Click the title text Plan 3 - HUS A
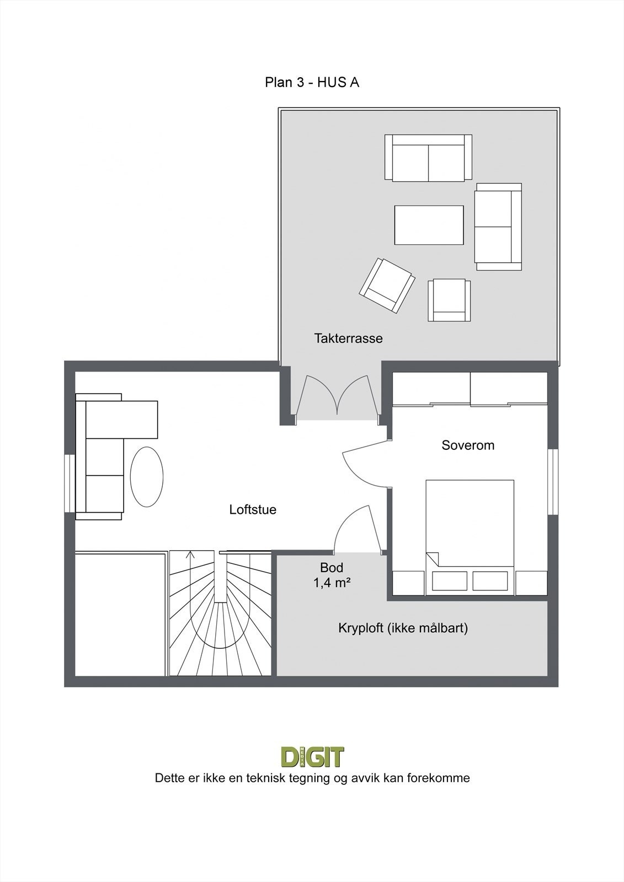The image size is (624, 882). pyautogui.click(x=312, y=83)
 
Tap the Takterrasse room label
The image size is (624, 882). pyautogui.click(x=348, y=338)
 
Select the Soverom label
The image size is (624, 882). pyautogui.click(x=468, y=445)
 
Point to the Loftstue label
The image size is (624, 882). pyautogui.click(x=253, y=509)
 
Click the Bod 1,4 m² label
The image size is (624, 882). pyautogui.click(x=332, y=575)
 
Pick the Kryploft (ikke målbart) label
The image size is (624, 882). pyautogui.click(x=403, y=628)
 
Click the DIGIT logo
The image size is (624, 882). pyautogui.click(x=312, y=757)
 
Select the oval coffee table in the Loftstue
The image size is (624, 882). pyautogui.click(x=147, y=476)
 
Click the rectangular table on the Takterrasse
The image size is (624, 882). pyautogui.click(x=429, y=225)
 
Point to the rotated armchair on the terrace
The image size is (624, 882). pyautogui.click(x=387, y=286)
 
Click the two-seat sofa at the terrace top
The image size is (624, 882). pyautogui.click(x=428, y=158)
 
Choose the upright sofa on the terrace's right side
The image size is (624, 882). pyautogui.click(x=498, y=227)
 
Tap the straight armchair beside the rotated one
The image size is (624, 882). pyautogui.click(x=449, y=300)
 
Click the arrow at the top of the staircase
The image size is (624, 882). pyautogui.click(x=190, y=555)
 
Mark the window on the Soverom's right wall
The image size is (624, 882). pyautogui.click(x=553, y=482)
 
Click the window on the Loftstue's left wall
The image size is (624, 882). pyautogui.click(x=69, y=483)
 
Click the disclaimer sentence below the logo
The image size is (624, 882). pyautogui.click(x=312, y=778)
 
